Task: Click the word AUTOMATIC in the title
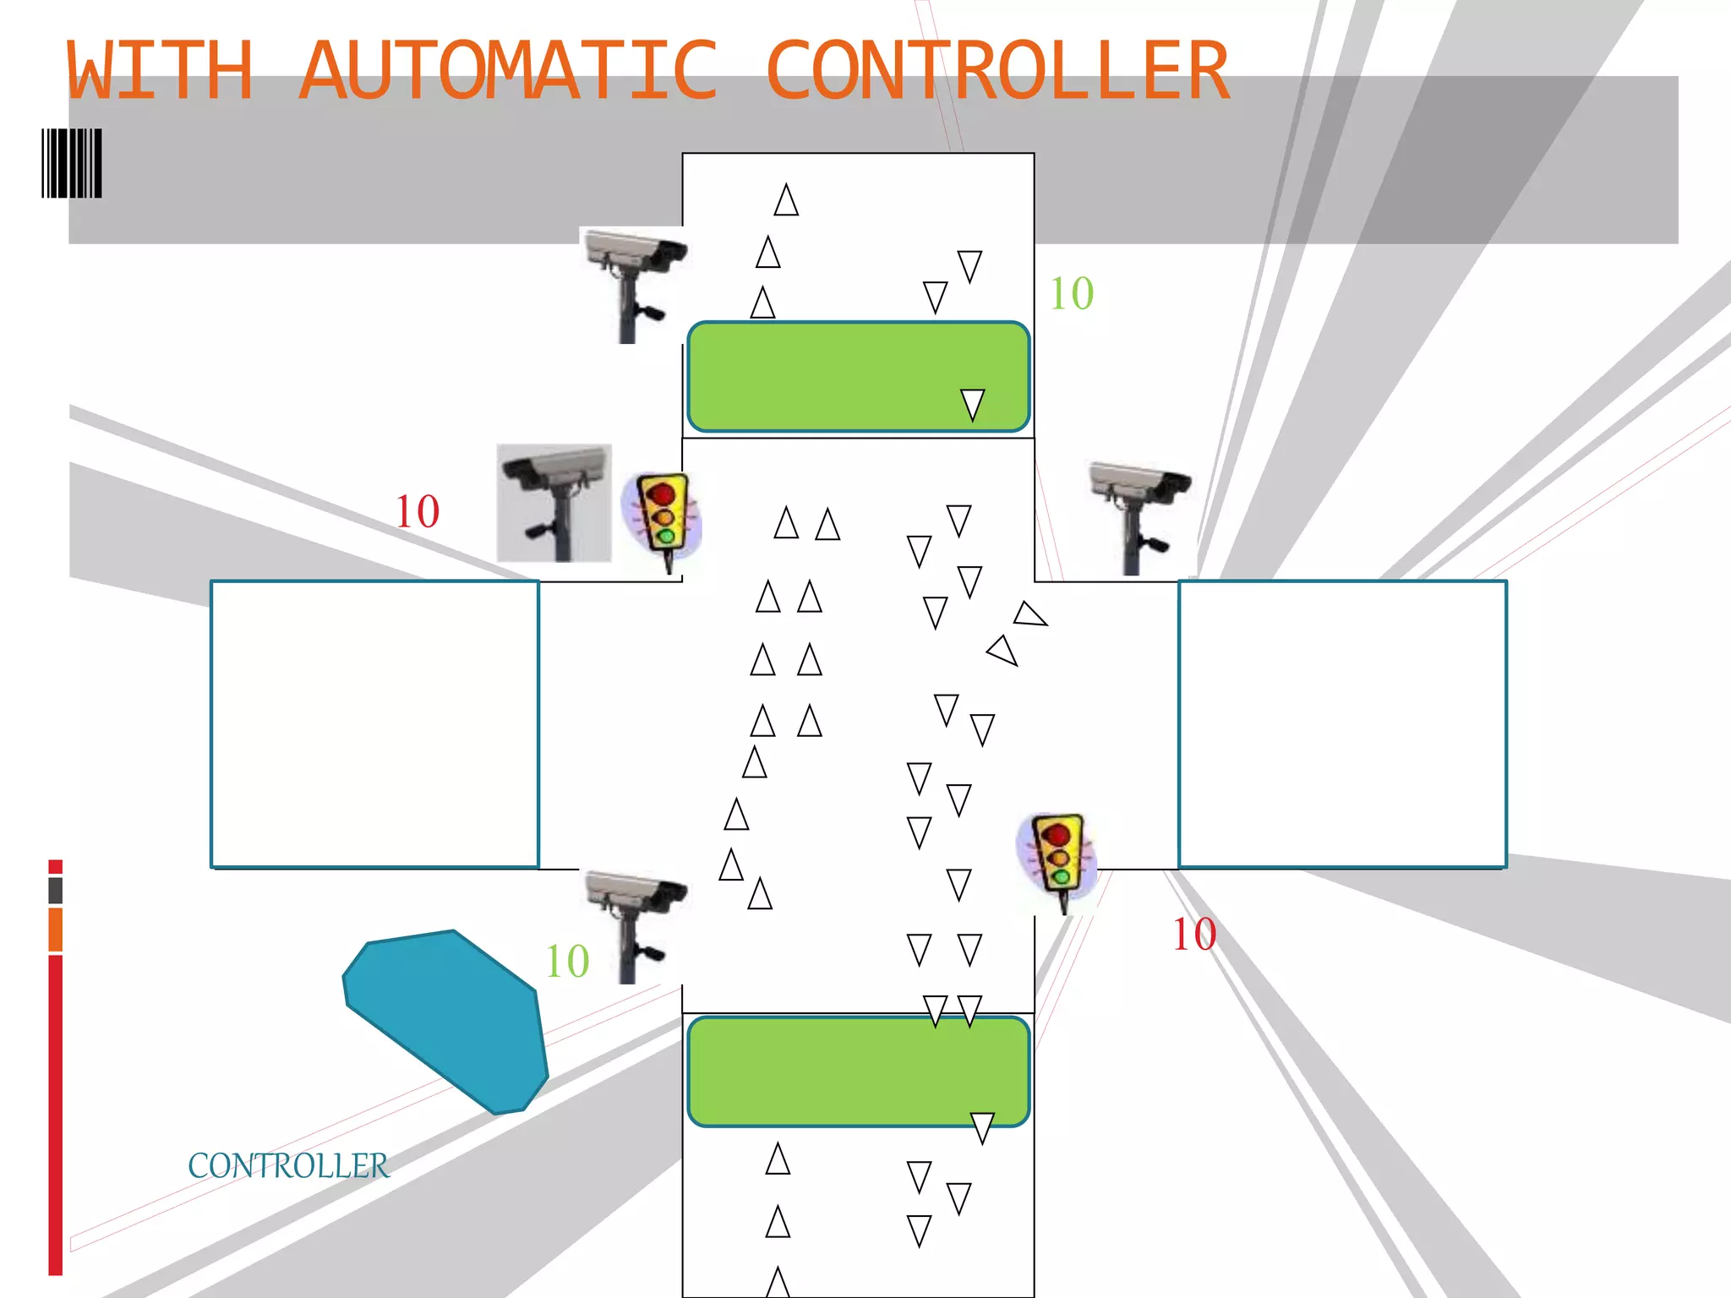[x=508, y=72]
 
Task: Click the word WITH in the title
[x=160, y=72]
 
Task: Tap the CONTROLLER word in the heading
[x=997, y=72]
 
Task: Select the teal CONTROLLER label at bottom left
[x=288, y=1166]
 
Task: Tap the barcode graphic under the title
[x=72, y=163]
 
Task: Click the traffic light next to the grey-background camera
[x=662, y=518]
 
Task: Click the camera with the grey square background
[x=554, y=503]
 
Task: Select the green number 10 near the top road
[x=1071, y=294]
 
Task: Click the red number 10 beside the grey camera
[x=418, y=511]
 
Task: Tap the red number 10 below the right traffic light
[x=1193, y=935]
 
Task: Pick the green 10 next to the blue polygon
[x=567, y=962]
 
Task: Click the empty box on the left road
[x=374, y=724]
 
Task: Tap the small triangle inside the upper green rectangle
[x=973, y=403]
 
